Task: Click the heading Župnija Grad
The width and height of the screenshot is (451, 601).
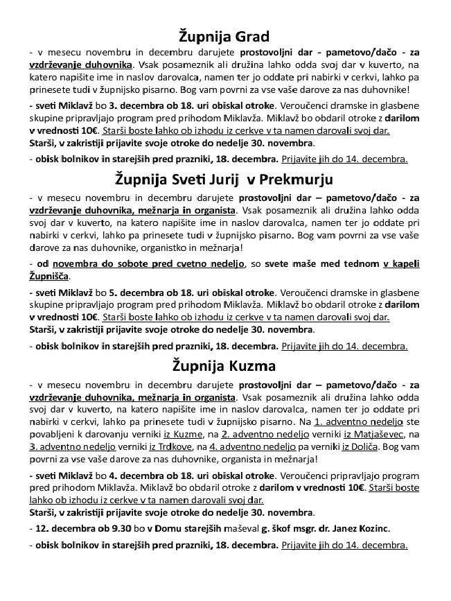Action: point(224,35)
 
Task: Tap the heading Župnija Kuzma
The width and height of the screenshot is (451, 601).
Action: point(224,365)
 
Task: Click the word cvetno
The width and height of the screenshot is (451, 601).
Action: point(186,264)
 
